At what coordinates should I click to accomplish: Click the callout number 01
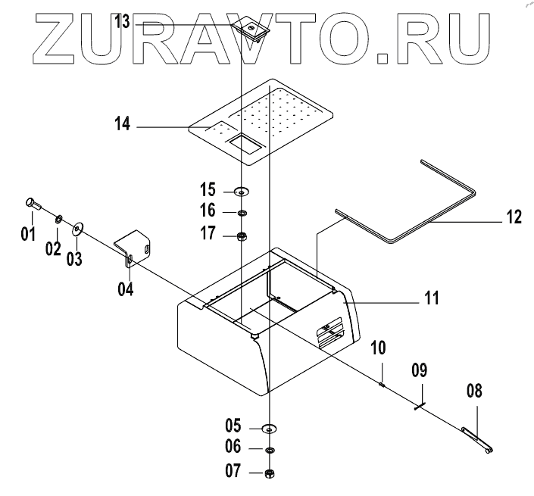[x=28, y=233]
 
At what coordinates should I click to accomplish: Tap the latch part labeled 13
[x=250, y=29]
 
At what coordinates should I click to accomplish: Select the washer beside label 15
[x=242, y=191]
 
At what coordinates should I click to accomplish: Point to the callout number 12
[x=514, y=217]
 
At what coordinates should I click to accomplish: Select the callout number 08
[x=473, y=392]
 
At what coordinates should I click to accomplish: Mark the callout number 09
[x=418, y=371]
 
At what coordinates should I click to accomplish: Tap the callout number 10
[x=378, y=348]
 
